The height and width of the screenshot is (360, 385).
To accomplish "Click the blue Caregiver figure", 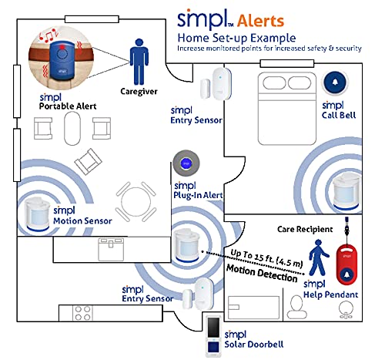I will tap(139, 61).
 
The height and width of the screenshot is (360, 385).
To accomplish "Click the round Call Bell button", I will tap(335, 82).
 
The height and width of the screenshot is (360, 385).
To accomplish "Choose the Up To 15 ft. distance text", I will tap(266, 255).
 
